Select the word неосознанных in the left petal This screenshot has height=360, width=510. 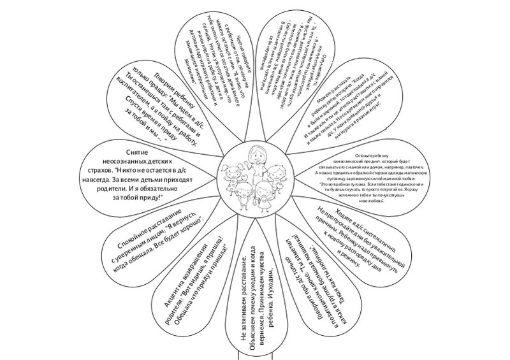click(133, 162)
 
